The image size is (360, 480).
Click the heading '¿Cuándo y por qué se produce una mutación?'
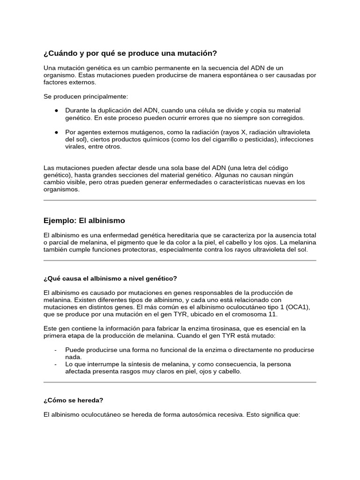(130, 53)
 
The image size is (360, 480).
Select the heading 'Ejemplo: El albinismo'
(84, 220)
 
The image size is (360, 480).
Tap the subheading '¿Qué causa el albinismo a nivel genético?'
(110, 278)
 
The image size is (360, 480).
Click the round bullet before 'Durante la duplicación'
(56, 111)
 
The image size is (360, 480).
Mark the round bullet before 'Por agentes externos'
(56, 133)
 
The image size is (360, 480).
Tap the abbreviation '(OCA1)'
(298, 307)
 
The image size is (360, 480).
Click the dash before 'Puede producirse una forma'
(56, 350)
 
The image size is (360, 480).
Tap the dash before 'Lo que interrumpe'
(56, 364)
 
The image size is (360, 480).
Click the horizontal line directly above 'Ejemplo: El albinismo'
(180, 200)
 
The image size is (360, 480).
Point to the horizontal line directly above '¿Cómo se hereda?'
(180, 382)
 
